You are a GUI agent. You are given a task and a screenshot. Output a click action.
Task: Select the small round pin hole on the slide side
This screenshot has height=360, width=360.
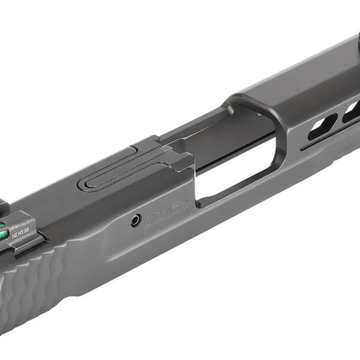(x=137, y=220)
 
